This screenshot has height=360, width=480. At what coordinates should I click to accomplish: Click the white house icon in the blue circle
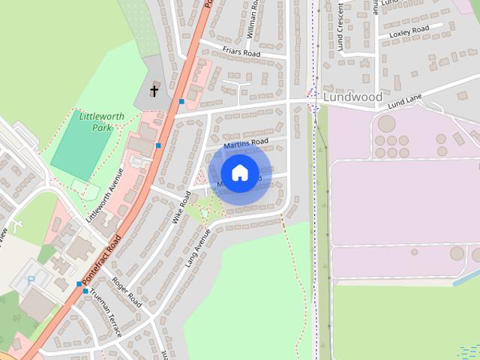tap(240, 172)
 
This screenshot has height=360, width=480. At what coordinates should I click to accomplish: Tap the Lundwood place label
tap(352, 97)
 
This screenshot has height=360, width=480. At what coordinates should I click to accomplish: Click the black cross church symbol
tap(154, 91)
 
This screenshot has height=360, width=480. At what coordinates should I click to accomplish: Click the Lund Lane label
tap(406, 98)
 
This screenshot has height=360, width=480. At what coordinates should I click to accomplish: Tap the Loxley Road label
tap(409, 30)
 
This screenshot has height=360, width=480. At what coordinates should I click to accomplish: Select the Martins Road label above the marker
tap(245, 142)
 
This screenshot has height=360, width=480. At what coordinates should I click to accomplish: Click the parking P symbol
tap(31, 279)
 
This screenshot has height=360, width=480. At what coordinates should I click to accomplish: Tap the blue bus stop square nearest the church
tap(181, 101)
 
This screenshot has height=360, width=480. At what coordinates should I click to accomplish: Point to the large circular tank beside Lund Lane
tap(386, 123)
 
